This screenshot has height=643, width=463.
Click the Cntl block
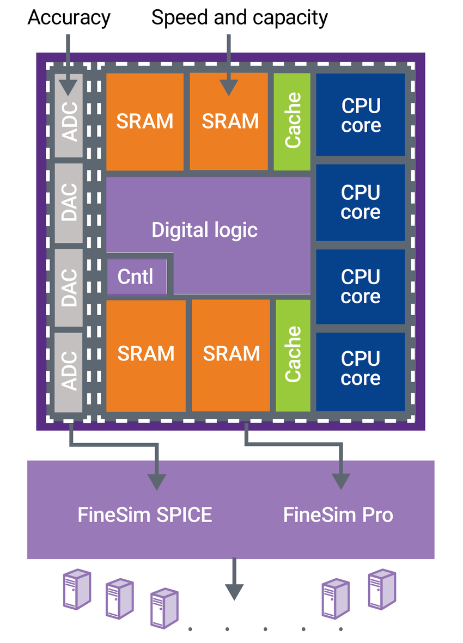[x=136, y=277]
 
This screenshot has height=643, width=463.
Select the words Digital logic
[x=204, y=230]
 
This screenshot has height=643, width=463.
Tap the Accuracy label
[x=69, y=18]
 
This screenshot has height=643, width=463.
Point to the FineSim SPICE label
[x=144, y=515]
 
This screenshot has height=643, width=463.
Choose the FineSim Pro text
[x=338, y=515]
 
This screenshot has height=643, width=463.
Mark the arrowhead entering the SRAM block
[x=229, y=87]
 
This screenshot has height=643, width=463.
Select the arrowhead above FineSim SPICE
[x=157, y=480]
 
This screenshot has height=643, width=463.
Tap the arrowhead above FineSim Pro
[x=342, y=480]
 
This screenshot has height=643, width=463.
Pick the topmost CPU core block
[x=361, y=115]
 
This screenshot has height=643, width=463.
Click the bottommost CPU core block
[x=361, y=369]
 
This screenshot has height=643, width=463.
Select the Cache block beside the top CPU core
[x=293, y=121]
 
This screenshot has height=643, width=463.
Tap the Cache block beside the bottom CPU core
[x=294, y=355]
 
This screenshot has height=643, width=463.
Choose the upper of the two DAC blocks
[x=69, y=203]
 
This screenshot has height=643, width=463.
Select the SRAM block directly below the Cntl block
[x=146, y=355]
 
